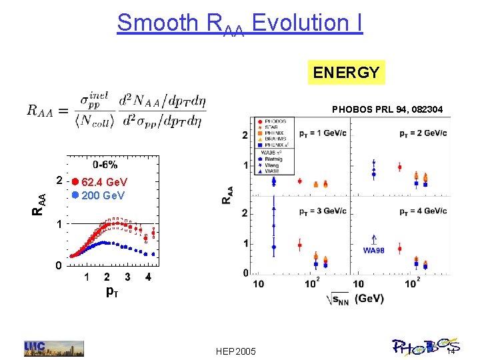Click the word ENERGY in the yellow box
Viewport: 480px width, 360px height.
click(346, 72)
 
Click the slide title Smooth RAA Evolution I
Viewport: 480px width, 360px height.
click(240, 23)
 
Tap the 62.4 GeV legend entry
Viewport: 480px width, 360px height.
click(99, 182)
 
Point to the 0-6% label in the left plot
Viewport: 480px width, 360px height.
click(105, 165)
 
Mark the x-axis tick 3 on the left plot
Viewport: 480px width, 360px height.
click(128, 277)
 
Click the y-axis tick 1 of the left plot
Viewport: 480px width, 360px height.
click(59, 226)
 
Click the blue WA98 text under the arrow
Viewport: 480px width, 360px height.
click(374, 250)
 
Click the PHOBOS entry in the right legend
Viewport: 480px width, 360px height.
click(274, 121)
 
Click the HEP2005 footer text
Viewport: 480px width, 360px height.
click(236, 351)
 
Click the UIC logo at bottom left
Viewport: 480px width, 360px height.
click(54, 348)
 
